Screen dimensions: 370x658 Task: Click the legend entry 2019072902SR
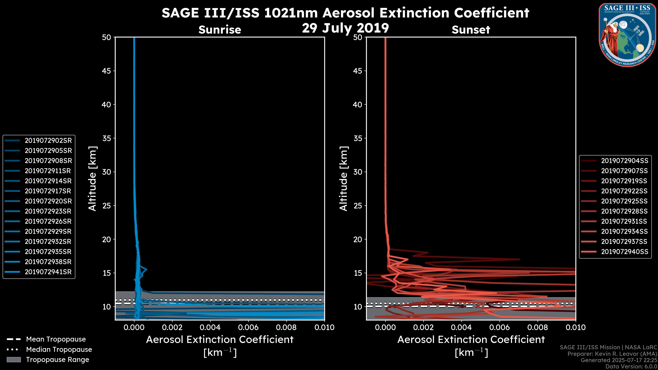click(48, 140)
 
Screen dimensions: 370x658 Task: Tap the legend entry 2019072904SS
click(624, 161)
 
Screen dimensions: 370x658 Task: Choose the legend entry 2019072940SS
click(624, 251)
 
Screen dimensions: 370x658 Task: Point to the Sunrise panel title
click(220, 30)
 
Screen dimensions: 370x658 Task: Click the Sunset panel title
click(471, 30)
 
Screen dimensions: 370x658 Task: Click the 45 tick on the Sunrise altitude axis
click(107, 71)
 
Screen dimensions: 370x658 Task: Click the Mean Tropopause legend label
click(56, 339)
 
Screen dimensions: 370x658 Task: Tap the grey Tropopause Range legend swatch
click(14, 360)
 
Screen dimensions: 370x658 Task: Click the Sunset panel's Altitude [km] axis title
click(344, 178)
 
